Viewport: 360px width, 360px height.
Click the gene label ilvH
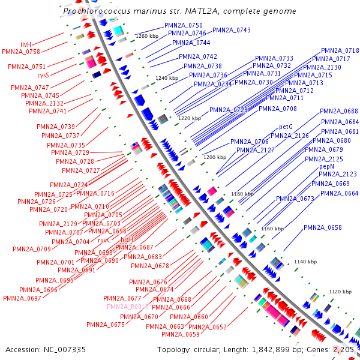click(26, 45)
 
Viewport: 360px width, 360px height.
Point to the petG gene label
click(286, 127)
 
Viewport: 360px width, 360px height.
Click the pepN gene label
click(326, 166)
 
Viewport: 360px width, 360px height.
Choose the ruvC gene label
click(104, 239)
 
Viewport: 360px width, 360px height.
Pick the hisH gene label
click(127, 239)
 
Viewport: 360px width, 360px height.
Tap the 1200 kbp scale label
click(214, 157)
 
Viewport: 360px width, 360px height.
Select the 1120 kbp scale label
click(340, 292)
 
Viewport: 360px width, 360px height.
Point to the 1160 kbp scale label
click(272, 229)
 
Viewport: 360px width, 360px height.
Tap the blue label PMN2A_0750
click(184, 26)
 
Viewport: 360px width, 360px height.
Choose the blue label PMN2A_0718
click(340, 51)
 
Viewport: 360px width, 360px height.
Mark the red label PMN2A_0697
click(22, 298)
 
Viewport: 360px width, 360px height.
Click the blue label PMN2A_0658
click(323, 228)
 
